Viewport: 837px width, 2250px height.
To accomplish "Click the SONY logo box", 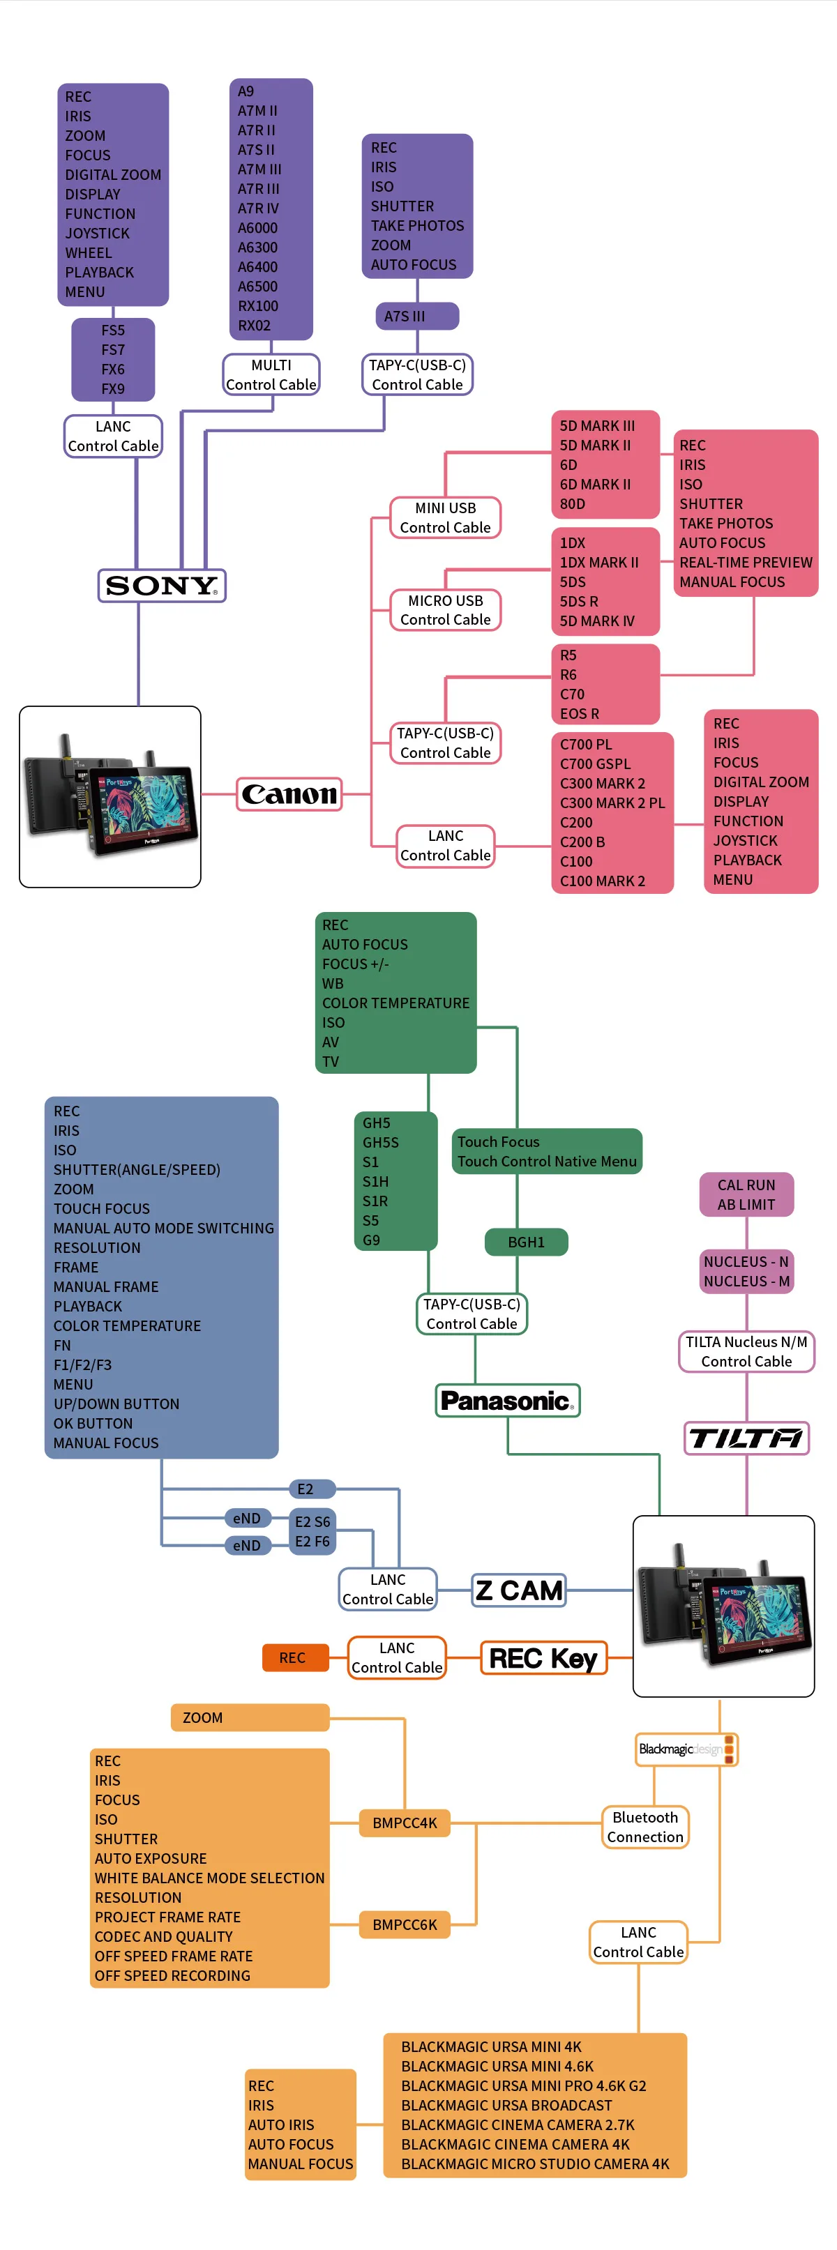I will pyautogui.click(x=162, y=585).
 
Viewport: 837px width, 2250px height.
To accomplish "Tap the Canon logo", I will pyautogui.click(x=289, y=794).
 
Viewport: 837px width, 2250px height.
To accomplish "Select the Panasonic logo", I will pyautogui.click(x=508, y=1400).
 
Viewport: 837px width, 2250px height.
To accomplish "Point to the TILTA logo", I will pyautogui.click(x=746, y=1438).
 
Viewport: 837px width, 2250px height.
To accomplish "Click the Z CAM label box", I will pyautogui.click(x=519, y=1590).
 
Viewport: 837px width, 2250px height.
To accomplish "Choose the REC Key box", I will pyautogui.click(x=543, y=1658).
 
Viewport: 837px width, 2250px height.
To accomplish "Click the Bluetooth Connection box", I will pyautogui.click(x=644, y=1826).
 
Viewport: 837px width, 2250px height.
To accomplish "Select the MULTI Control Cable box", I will pyautogui.click(x=271, y=374).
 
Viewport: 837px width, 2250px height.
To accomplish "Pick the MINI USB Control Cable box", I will pyautogui.click(x=445, y=518).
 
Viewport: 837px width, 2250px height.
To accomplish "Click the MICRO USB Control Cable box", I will pyautogui.click(x=445, y=609).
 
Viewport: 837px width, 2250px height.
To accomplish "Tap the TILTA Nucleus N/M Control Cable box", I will pyautogui.click(x=746, y=1351).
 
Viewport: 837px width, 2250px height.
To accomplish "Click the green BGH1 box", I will pyautogui.click(x=526, y=1242).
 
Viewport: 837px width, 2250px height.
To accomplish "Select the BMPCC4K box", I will pyautogui.click(x=405, y=1823).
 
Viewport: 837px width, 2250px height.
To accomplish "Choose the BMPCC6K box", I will pyautogui.click(x=405, y=1925).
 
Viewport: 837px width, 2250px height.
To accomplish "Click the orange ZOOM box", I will pyautogui.click(x=250, y=1717).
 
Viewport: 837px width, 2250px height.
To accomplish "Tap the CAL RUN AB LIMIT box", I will pyautogui.click(x=746, y=1194).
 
